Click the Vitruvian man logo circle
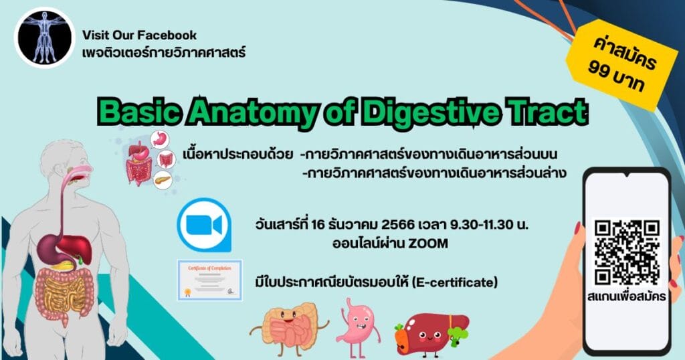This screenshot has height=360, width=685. point(43,38)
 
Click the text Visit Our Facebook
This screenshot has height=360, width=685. point(139,35)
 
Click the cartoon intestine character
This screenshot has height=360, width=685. point(289,329)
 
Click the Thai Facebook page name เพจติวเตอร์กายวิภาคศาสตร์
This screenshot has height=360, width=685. point(163,51)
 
